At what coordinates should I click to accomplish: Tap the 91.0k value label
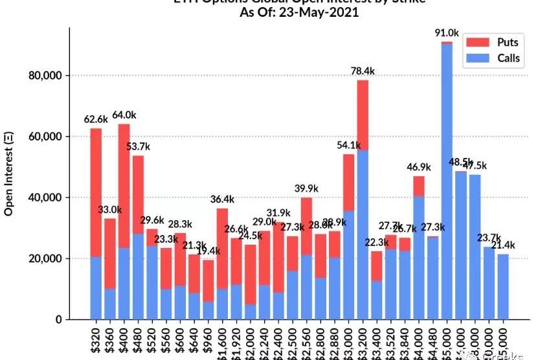click(x=447, y=32)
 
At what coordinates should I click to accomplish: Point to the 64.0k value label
click(x=124, y=115)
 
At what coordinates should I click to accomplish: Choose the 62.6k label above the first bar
click(x=96, y=119)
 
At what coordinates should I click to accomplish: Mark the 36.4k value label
click(x=222, y=199)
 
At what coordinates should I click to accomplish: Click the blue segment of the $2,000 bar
click(x=250, y=311)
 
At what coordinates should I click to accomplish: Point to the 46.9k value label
click(x=419, y=167)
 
